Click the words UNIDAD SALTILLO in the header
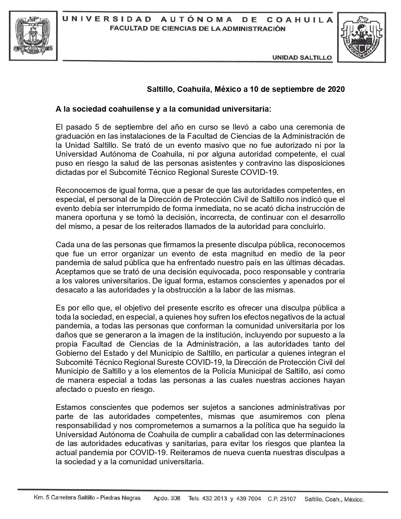[302, 58]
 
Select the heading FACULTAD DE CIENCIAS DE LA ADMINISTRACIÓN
[198, 29]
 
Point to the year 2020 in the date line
[336, 89]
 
